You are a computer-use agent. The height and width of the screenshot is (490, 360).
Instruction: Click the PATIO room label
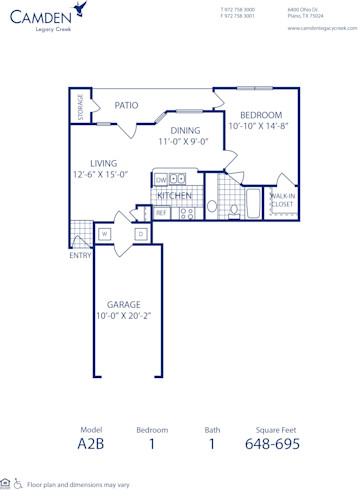tap(125, 104)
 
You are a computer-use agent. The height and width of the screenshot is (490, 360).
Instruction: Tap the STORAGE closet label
tap(80, 107)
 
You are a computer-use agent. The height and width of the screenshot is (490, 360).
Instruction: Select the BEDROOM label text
tap(261, 115)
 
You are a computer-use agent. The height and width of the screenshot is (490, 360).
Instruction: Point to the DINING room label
tap(184, 130)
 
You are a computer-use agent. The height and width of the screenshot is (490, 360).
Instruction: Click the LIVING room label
tap(103, 163)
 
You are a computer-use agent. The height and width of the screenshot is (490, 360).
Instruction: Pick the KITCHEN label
tap(175, 196)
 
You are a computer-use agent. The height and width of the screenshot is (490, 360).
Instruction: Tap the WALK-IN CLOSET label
tap(282, 200)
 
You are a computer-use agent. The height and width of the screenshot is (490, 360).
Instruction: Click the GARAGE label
tap(124, 304)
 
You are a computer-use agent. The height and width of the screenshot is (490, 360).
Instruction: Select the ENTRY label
tap(80, 255)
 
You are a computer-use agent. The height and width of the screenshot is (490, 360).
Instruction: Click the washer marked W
tap(104, 234)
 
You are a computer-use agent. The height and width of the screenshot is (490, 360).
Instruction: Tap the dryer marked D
tap(141, 234)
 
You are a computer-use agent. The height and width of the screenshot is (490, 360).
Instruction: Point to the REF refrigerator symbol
tap(161, 213)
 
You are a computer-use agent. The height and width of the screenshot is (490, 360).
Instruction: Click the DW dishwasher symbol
tap(161, 180)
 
